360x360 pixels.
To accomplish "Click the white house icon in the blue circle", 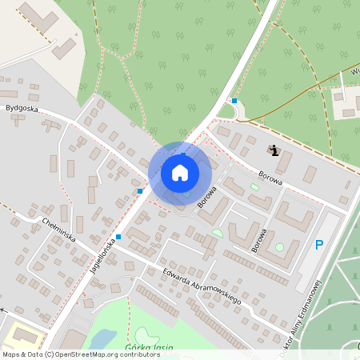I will tap(180, 173).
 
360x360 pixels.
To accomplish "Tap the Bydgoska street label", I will tap(22, 106).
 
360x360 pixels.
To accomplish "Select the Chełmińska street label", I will tap(58, 226).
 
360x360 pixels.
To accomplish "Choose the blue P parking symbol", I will tap(319, 245).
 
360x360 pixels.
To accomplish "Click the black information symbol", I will tap(274, 150).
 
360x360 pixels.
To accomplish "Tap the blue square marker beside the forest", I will tap(234, 101).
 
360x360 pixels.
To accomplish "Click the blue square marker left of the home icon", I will tap(139, 191).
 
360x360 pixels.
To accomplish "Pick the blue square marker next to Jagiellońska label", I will tap(118, 237).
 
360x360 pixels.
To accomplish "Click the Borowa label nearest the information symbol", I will tap(271, 177).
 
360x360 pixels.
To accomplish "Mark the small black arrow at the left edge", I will tap(4, 308).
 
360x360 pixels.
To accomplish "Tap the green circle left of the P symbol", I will tap(279, 248).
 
